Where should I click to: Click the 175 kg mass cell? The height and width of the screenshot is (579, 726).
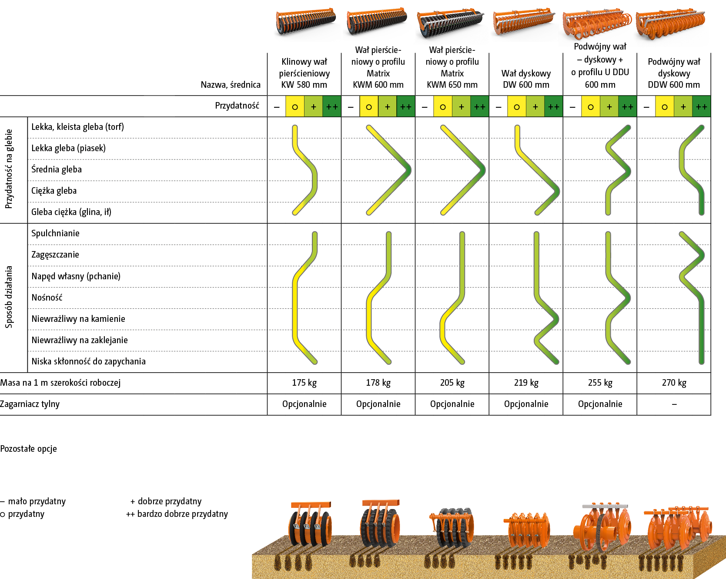pyautogui.click(x=304, y=383)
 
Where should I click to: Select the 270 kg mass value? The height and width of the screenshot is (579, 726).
pyautogui.click(x=674, y=383)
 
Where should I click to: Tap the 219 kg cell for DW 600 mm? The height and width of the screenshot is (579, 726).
pyautogui.click(x=526, y=383)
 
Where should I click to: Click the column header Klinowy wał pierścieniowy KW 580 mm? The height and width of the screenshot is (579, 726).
pyautogui.click(x=304, y=73)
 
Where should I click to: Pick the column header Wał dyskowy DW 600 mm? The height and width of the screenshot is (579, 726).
pyautogui.click(x=526, y=79)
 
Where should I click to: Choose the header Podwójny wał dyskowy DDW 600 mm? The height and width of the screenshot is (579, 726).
pyautogui.click(x=674, y=73)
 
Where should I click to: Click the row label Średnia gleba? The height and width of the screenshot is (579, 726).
pyautogui.click(x=57, y=169)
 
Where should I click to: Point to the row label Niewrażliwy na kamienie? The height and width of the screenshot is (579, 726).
pyautogui.click(x=78, y=319)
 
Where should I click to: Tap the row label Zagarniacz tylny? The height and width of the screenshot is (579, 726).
pyautogui.click(x=30, y=404)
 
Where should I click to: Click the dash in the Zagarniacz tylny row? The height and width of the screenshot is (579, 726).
pyautogui.click(x=674, y=404)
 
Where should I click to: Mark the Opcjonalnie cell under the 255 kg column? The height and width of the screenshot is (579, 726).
pyautogui.click(x=600, y=404)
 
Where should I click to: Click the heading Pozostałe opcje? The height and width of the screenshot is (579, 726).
pyautogui.click(x=28, y=449)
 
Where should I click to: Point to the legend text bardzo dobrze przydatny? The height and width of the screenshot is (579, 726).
pyautogui.click(x=182, y=514)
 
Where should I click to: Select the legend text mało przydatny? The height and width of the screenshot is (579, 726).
pyautogui.click(x=37, y=501)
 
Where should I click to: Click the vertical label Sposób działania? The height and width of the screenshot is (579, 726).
pyautogui.click(x=9, y=297)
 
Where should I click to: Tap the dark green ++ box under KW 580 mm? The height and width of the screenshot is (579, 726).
pyautogui.click(x=331, y=107)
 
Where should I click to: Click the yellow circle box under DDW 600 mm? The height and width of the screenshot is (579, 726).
pyautogui.click(x=664, y=107)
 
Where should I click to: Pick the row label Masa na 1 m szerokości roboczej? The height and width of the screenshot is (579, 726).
pyautogui.click(x=60, y=383)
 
